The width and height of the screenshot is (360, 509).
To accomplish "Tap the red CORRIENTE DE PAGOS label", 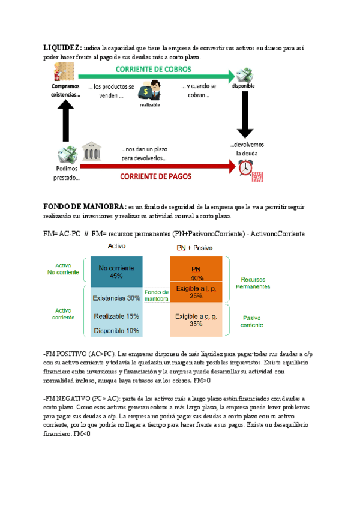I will click(155, 176).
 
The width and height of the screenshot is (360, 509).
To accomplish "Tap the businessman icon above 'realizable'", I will click(149, 90).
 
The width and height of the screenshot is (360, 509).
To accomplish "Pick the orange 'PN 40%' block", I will click(196, 274).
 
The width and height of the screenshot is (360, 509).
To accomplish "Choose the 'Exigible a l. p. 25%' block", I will click(196, 292).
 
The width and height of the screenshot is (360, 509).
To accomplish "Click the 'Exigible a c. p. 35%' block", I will click(196, 319).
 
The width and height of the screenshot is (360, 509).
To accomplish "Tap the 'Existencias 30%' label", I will click(116, 298).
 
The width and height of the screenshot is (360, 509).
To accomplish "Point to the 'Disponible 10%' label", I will click(116, 331).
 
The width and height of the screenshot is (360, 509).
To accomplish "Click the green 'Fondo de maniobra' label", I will click(157, 296).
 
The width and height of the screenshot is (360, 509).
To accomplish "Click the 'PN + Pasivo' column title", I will click(196, 248).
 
